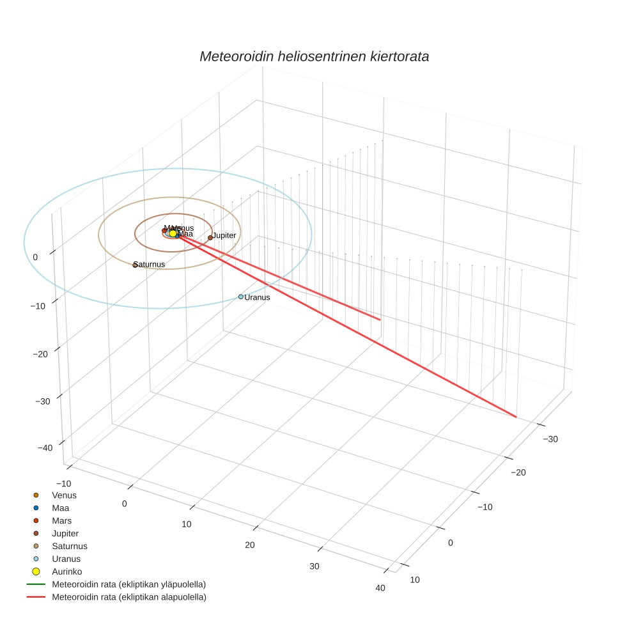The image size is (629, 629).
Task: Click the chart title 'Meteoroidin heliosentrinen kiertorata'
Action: (x=314, y=56)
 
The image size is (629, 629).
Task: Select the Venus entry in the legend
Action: (x=64, y=495)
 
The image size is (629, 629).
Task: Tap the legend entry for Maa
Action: (x=60, y=508)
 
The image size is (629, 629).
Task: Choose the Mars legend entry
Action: (x=61, y=520)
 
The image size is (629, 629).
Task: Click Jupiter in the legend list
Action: (x=65, y=533)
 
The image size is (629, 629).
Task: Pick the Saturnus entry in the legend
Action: (x=69, y=546)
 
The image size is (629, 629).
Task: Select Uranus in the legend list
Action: (x=66, y=559)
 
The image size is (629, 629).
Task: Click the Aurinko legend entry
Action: (x=66, y=571)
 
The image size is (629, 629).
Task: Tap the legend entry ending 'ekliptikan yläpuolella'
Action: (x=128, y=584)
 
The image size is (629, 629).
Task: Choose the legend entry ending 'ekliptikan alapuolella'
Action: (x=128, y=597)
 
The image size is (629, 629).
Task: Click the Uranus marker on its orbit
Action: (x=241, y=297)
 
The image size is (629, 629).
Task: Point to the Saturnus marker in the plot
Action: (x=135, y=265)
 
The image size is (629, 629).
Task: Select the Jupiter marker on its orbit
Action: (x=210, y=238)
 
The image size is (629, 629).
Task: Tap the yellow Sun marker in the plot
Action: (x=173, y=233)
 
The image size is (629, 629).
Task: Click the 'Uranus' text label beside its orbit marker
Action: (x=258, y=297)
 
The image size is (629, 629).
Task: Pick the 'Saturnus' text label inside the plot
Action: (x=150, y=264)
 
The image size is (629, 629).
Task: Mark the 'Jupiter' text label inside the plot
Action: (x=224, y=235)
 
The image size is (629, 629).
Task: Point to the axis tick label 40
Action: (x=381, y=588)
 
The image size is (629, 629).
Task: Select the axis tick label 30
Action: (x=314, y=566)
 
